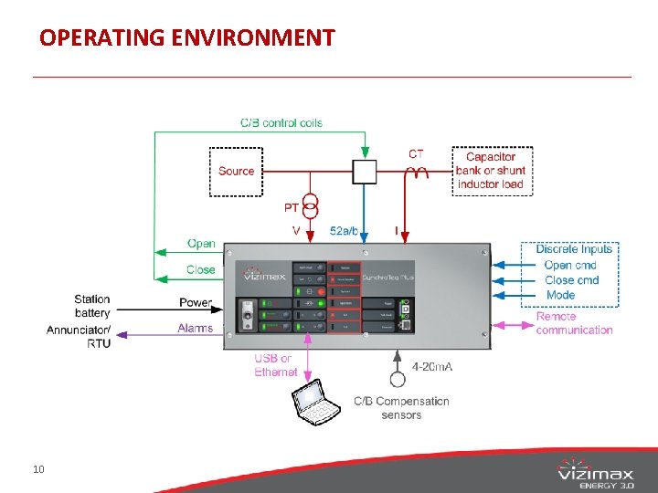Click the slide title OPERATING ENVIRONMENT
187,37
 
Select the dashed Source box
236,172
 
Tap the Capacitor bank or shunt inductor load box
491,171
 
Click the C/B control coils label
281,123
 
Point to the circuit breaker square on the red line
365,171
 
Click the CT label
416,154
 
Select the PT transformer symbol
310,204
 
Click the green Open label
201,244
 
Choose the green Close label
200,269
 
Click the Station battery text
92,306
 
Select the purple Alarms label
195,329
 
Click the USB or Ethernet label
275,365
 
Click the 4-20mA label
432,367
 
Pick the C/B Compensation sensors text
401,407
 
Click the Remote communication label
574,323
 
